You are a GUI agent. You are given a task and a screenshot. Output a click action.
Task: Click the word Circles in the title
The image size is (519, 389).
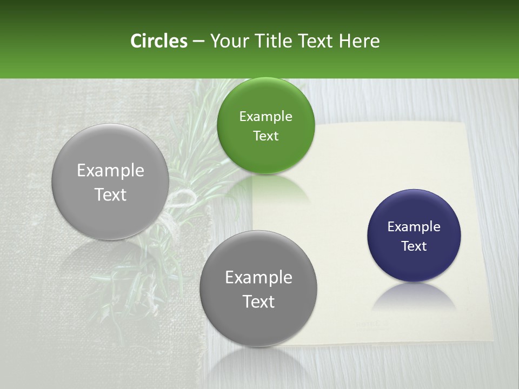click(159, 41)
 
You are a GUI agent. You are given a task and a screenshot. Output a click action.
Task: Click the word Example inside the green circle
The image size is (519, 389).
click(265, 117)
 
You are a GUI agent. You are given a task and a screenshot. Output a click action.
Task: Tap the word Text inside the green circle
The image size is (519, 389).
click(265, 136)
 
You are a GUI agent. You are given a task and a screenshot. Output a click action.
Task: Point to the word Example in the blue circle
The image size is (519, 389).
click(414, 227)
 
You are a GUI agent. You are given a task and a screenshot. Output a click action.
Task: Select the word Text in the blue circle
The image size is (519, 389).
click(414, 246)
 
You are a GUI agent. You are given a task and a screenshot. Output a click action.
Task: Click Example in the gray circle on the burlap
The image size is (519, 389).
click(110, 171)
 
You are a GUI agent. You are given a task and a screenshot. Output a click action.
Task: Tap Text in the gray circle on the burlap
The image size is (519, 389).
click(110, 195)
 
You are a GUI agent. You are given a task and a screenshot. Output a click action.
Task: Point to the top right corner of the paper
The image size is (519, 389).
click(464, 124)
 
